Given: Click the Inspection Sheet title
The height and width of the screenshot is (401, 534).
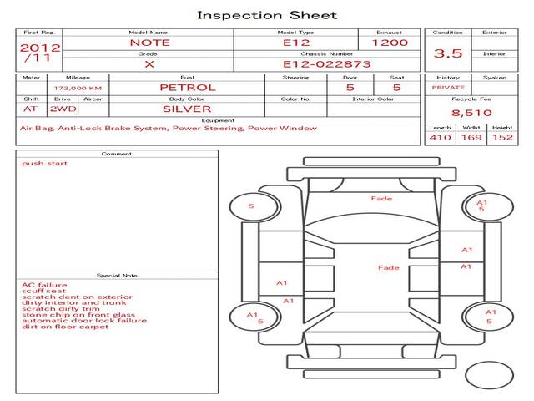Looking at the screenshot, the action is pyautogui.click(x=267, y=15).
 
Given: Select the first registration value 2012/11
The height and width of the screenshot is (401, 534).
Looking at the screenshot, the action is pyautogui.click(x=40, y=53).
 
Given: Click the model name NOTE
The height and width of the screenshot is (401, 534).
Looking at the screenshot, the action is pyautogui.click(x=149, y=43).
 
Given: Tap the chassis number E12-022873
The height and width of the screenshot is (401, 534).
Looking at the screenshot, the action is pyautogui.click(x=326, y=64).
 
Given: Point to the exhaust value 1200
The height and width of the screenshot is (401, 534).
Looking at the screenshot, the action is pyautogui.click(x=390, y=43).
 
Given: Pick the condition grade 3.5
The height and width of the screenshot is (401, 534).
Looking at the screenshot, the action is pyautogui.click(x=448, y=53).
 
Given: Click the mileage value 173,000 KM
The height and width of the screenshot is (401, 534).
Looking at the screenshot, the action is pyautogui.click(x=78, y=89).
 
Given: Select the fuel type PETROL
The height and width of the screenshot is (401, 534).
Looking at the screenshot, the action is pyautogui.click(x=188, y=88).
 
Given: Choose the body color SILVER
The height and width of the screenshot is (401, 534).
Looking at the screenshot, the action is pyautogui.click(x=187, y=109).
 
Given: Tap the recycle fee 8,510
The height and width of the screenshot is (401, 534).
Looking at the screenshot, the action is pyautogui.click(x=471, y=113).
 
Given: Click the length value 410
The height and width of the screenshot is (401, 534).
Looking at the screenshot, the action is pyautogui.click(x=440, y=137).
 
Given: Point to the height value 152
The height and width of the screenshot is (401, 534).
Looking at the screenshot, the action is pyautogui.click(x=502, y=137).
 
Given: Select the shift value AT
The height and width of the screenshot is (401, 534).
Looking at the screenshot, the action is pyautogui.click(x=30, y=109).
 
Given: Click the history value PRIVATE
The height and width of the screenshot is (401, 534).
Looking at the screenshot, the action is pyautogui.click(x=448, y=88).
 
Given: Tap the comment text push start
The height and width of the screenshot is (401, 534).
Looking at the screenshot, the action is pyautogui.click(x=44, y=164).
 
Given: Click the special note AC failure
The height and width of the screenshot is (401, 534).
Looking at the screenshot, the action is pyautogui.click(x=44, y=285).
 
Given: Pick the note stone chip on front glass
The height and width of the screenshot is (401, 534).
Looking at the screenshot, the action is pyautogui.click(x=78, y=315).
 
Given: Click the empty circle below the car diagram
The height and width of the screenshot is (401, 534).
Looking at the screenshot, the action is pyautogui.click(x=489, y=375).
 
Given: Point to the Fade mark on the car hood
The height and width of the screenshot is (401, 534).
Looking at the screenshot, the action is pyautogui.click(x=381, y=199).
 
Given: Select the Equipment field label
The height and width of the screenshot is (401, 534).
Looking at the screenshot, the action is pyautogui.click(x=218, y=120).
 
